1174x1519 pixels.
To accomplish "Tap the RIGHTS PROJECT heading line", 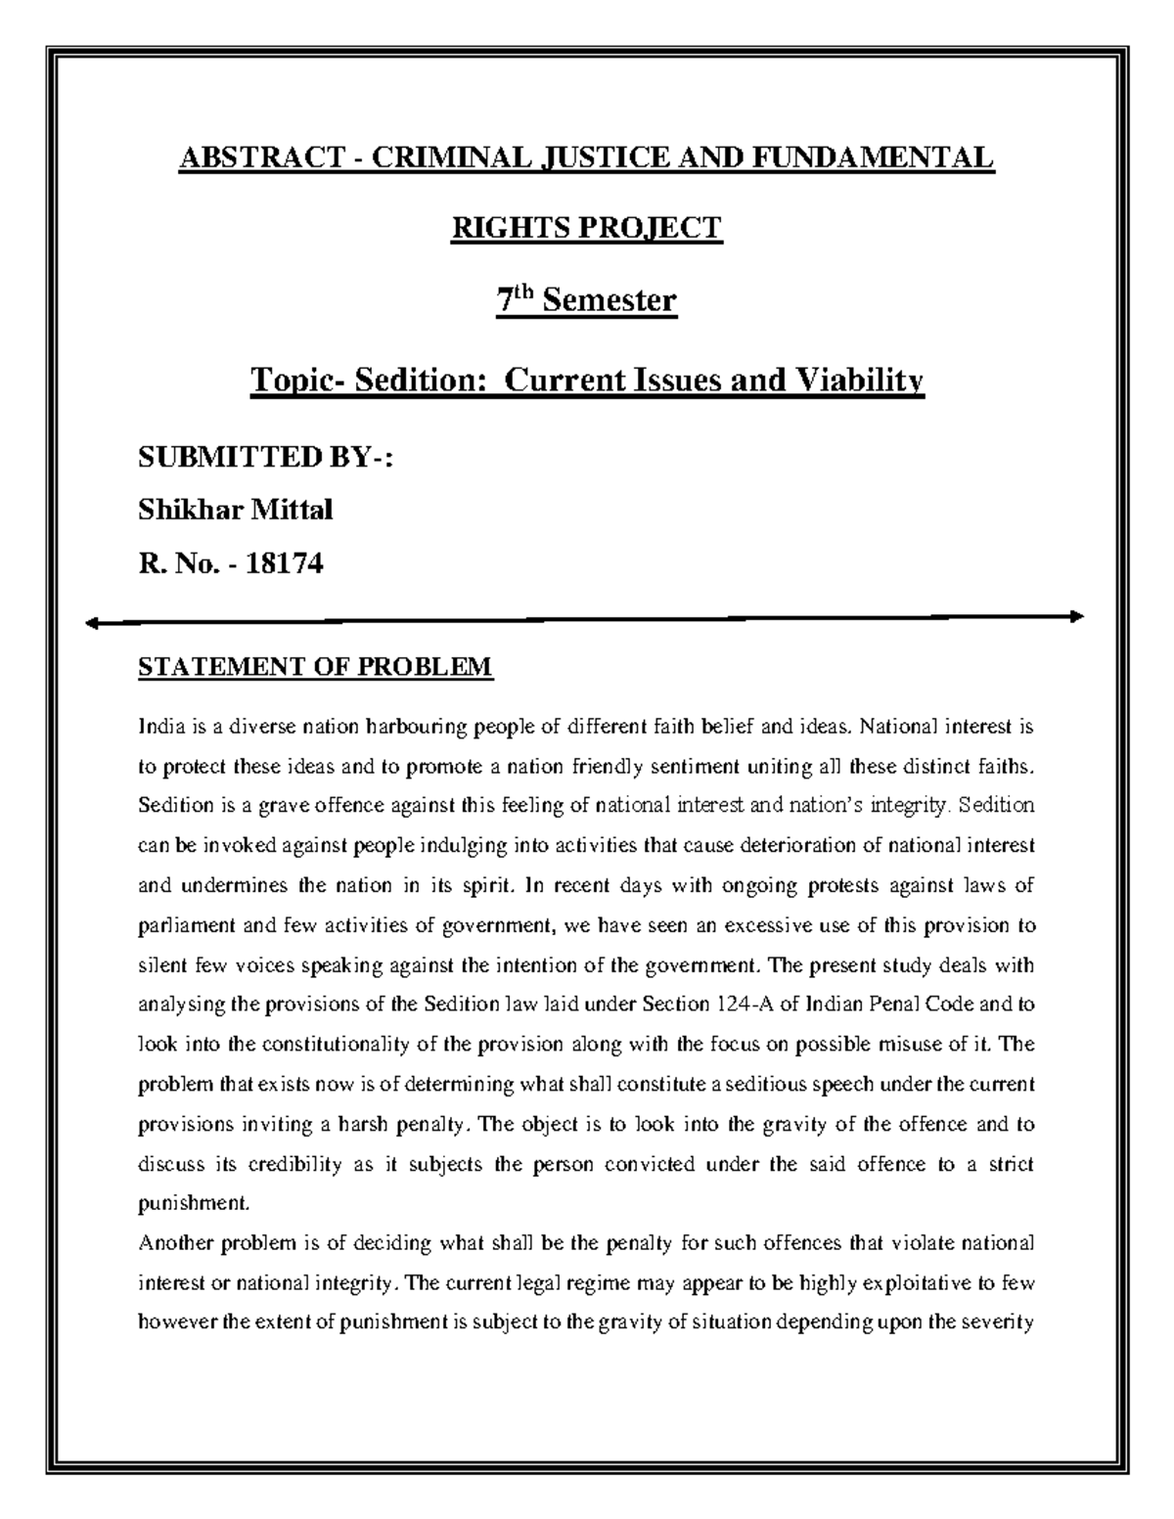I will point(585,228).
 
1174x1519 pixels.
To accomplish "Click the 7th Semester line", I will point(585,299).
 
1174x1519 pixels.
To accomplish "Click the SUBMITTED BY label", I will point(265,457).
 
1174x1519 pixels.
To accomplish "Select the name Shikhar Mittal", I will point(236,510).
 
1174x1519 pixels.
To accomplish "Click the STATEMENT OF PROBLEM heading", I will point(316,668).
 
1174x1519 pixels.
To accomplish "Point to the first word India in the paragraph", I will point(158,727).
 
